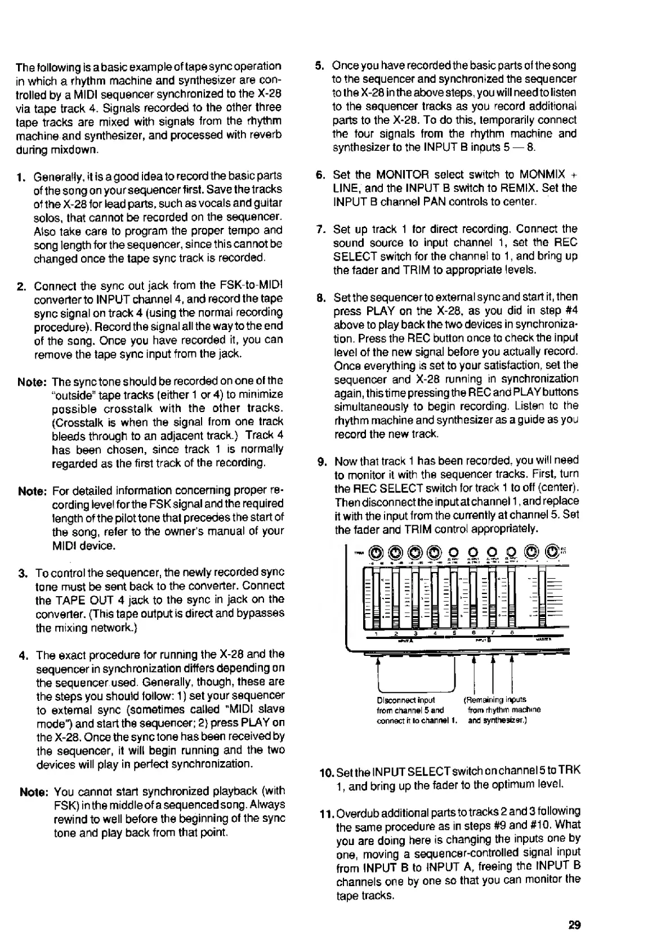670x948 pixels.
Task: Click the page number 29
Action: [574, 925]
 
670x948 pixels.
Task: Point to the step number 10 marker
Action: [325, 771]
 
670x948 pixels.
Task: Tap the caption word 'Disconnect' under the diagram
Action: [394, 700]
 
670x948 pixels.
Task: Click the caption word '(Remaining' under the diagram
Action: [483, 700]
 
